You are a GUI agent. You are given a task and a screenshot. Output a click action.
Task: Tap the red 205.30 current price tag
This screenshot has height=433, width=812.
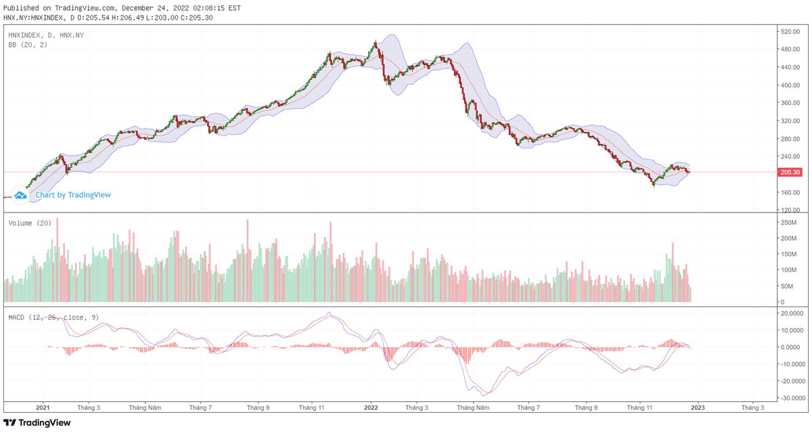click(x=790, y=173)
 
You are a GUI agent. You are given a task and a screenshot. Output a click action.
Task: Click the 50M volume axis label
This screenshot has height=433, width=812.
click(x=787, y=286)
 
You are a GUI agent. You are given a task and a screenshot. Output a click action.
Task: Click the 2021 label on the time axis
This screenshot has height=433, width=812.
click(x=43, y=408)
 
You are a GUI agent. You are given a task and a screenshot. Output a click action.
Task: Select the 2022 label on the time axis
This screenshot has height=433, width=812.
click(x=371, y=408)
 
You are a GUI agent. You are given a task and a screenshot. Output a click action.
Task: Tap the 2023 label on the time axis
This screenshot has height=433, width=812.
click(x=698, y=408)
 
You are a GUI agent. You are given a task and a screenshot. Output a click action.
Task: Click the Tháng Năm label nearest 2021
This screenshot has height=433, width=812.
click(x=145, y=408)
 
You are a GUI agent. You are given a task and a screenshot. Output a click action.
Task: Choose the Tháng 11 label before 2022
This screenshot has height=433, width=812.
click(x=312, y=408)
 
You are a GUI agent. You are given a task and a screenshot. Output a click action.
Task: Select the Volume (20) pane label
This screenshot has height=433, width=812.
click(x=30, y=223)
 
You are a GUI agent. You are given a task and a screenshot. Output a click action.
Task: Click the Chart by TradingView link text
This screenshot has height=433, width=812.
click(x=73, y=195)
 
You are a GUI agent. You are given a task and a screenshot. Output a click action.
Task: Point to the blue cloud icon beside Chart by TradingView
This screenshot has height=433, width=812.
click(x=20, y=195)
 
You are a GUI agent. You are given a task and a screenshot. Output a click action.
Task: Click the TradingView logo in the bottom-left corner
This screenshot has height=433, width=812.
click(x=37, y=423)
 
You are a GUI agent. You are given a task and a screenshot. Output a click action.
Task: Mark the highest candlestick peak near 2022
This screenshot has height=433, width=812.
click(x=376, y=42)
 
